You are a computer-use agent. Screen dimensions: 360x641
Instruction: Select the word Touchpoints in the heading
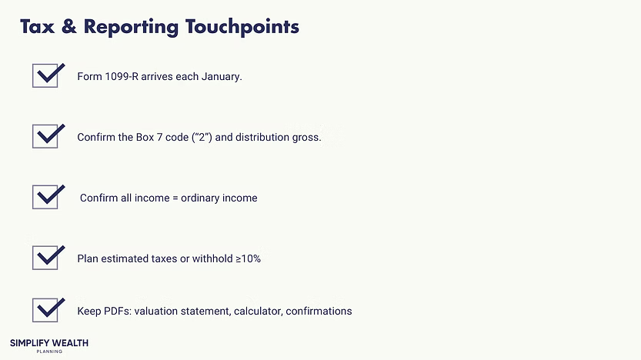(x=242, y=27)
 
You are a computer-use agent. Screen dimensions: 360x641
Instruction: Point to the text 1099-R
(x=122, y=77)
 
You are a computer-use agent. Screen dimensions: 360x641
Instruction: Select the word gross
(x=305, y=138)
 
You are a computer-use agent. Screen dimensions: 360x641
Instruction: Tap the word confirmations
(x=319, y=312)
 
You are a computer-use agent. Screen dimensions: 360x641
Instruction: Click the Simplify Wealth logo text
(x=48, y=342)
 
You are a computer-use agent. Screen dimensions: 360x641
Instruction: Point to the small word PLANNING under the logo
(x=48, y=352)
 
